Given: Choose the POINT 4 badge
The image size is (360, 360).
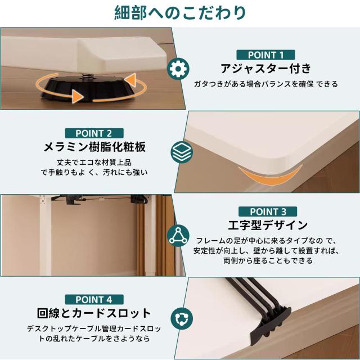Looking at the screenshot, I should click(94, 299).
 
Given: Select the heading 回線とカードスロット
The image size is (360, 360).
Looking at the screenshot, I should click(94, 313).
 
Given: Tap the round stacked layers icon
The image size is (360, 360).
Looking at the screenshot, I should click(181, 151).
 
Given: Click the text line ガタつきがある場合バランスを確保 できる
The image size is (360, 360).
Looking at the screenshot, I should click(266, 84).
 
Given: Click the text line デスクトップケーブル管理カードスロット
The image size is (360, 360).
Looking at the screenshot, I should click(94, 328).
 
